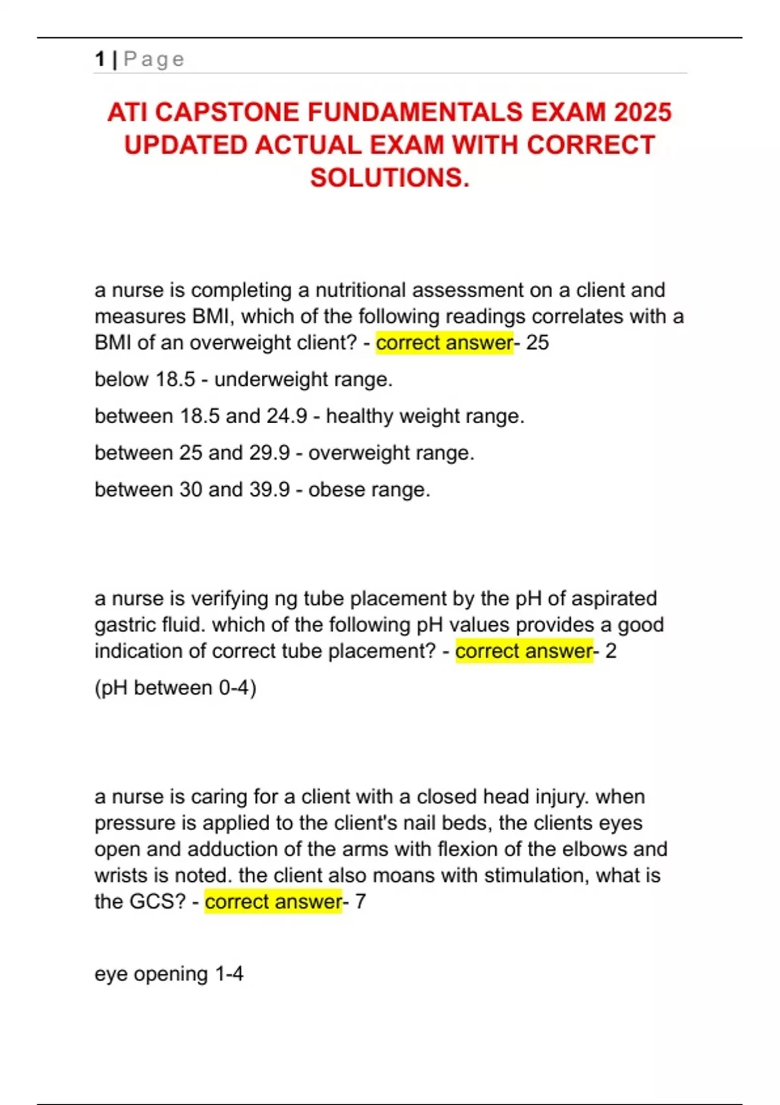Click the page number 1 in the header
(x=99, y=59)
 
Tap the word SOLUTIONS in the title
(x=389, y=177)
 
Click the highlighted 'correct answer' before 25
(x=445, y=343)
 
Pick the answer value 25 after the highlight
(x=538, y=343)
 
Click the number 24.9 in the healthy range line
(x=286, y=416)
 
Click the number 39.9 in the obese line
(x=269, y=489)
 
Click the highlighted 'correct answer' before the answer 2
(x=524, y=651)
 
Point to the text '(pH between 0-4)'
(x=175, y=688)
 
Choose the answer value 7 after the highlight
(x=360, y=902)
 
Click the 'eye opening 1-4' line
(x=169, y=974)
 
